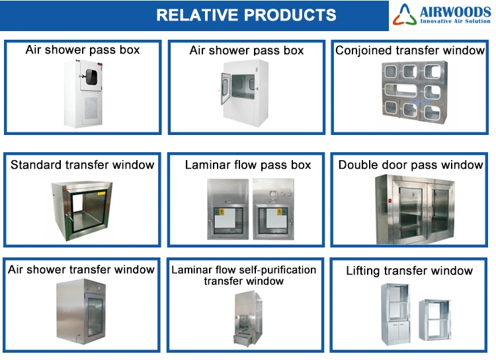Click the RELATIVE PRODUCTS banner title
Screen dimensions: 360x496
click(x=246, y=15)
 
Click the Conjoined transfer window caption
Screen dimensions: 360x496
click(x=410, y=50)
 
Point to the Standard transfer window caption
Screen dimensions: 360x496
click(x=82, y=165)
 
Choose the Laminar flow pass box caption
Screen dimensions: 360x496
click(x=247, y=165)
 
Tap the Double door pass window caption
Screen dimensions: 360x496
click(x=411, y=165)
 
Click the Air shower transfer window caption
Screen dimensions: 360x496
click(x=81, y=269)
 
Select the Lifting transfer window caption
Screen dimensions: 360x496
click(x=409, y=271)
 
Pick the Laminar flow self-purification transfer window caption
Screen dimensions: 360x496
click(x=244, y=275)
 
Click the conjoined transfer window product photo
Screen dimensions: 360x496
click(x=410, y=93)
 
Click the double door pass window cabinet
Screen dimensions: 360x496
click(x=410, y=209)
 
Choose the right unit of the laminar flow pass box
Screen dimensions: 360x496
click(x=272, y=208)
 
